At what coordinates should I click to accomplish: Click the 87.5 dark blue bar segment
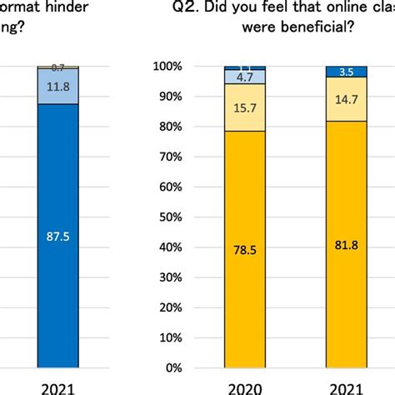pyautogui.click(x=57, y=236)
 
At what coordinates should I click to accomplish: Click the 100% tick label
pyautogui.click(x=166, y=66)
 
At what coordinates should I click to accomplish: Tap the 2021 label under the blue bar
pyautogui.click(x=57, y=387)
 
